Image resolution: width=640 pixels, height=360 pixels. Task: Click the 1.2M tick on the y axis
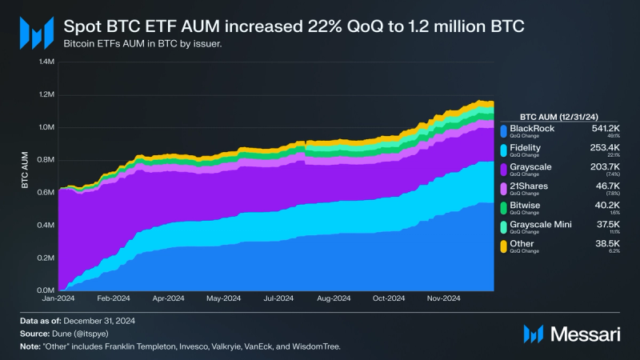(46, 94)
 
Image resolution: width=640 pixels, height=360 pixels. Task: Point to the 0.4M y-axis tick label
(46, 226)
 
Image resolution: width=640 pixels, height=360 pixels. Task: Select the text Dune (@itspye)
(78, 334)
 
